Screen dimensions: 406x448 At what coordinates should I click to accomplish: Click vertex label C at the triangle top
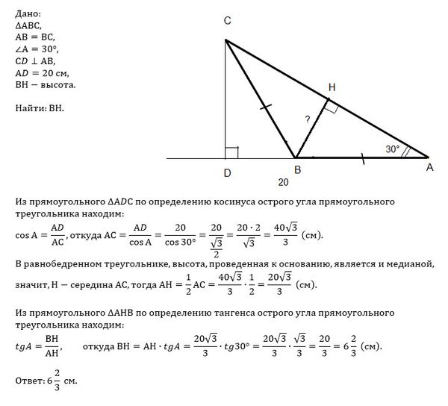[x=227, y=22]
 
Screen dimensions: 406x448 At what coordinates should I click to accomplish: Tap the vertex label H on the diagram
[x=332, y=87]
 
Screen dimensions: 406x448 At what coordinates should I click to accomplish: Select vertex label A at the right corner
[x=429, y=169]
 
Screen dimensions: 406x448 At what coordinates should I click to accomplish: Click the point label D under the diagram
[x=226, y=175]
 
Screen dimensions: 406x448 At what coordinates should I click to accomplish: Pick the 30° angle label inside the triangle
[x=393, y=149]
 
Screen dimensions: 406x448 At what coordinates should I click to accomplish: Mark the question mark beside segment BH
[x=306, y=119]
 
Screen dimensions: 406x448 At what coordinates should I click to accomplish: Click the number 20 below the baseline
[x=283, y=182]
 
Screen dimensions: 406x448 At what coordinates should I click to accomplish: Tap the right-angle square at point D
[x=231, y=152]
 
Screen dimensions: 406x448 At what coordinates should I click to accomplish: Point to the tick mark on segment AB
[x=364, y=157]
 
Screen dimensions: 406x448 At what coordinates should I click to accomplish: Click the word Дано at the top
[x=28, y=14]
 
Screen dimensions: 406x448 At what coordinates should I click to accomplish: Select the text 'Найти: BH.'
[x=40, y=109]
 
